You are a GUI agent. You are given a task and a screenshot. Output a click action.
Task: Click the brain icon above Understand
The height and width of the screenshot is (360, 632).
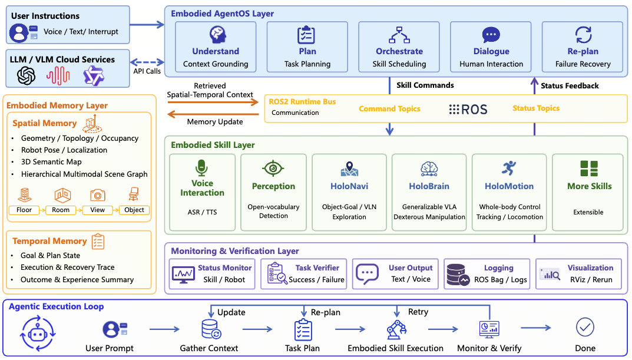click(217, 35)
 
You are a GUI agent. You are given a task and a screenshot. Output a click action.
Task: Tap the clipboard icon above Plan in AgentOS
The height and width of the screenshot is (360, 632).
click(306, 35)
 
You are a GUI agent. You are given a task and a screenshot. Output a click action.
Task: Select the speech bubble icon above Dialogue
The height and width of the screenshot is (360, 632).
click(491, 35)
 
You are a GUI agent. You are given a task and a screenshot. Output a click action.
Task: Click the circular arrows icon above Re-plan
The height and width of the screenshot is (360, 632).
click(583, 35)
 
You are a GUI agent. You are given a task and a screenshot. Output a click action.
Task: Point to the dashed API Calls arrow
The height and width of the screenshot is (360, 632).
click(147, 62)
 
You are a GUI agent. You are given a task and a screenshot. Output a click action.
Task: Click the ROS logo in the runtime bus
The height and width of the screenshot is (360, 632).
click(468, 109)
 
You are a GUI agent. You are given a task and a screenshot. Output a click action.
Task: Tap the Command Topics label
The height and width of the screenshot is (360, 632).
click(389, 108)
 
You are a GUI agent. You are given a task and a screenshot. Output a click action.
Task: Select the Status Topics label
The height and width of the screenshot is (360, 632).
click(535, 108)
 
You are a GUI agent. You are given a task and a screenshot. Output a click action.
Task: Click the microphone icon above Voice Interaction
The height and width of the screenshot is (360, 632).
click(201, 168)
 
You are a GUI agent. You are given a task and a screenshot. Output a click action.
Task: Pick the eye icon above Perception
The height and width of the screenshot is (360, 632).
click(273, 168)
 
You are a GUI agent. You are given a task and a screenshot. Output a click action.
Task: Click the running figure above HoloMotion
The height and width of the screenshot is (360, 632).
click(509, 168)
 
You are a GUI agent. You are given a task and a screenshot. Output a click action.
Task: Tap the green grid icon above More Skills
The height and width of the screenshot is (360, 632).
click(589, 169)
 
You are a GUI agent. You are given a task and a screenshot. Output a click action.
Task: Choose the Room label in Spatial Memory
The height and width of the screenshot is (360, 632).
click(61, 210)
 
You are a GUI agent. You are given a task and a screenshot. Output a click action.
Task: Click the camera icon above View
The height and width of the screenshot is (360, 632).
click(98, 195)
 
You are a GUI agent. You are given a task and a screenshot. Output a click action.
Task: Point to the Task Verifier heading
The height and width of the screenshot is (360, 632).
click(317, 267)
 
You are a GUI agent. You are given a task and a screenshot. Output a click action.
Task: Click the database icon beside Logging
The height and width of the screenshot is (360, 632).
click(458, 275)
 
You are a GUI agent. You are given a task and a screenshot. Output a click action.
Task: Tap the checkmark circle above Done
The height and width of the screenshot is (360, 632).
click(585, 328)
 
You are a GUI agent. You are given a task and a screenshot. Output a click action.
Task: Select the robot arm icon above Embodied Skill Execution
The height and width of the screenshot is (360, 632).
click(396, 330)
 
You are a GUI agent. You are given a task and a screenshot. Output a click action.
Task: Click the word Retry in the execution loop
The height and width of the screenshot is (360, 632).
click(418, 312)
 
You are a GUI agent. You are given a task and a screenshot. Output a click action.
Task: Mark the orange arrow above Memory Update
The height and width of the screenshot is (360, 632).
click(213, 103)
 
